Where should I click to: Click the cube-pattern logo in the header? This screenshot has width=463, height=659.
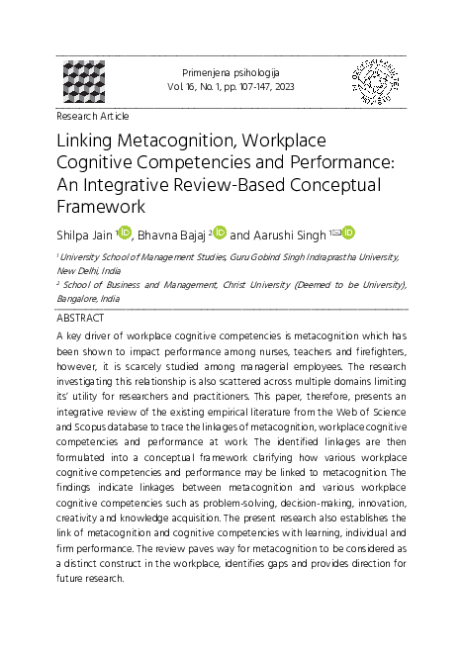point(84,83)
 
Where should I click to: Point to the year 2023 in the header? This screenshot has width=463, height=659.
point(281,88)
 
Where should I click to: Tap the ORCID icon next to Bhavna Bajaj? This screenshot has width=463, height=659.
point(220,233)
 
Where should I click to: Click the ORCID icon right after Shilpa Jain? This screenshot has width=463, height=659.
point(125,233)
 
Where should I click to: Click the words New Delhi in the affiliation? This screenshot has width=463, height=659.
point(78,268)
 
